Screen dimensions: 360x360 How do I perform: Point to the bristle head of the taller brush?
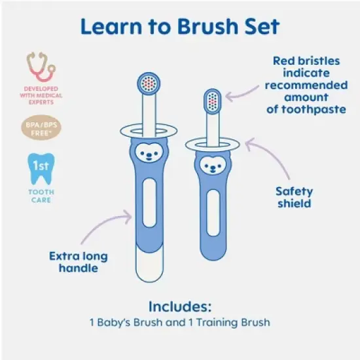coord(149,82)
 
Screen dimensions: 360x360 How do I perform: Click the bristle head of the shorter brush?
coord(213,99)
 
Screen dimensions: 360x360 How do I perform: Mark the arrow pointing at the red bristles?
coord(245,94)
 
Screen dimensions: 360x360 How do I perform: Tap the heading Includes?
coord(179,306)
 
